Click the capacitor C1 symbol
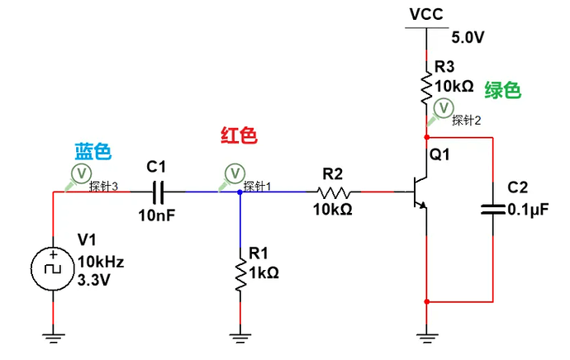point(159,192)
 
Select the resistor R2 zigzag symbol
point(333,192)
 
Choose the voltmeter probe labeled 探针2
point(443,107)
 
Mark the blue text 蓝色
point(93,151)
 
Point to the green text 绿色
point(502,91)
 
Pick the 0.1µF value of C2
point(528,210)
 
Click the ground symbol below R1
point(240,334)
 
